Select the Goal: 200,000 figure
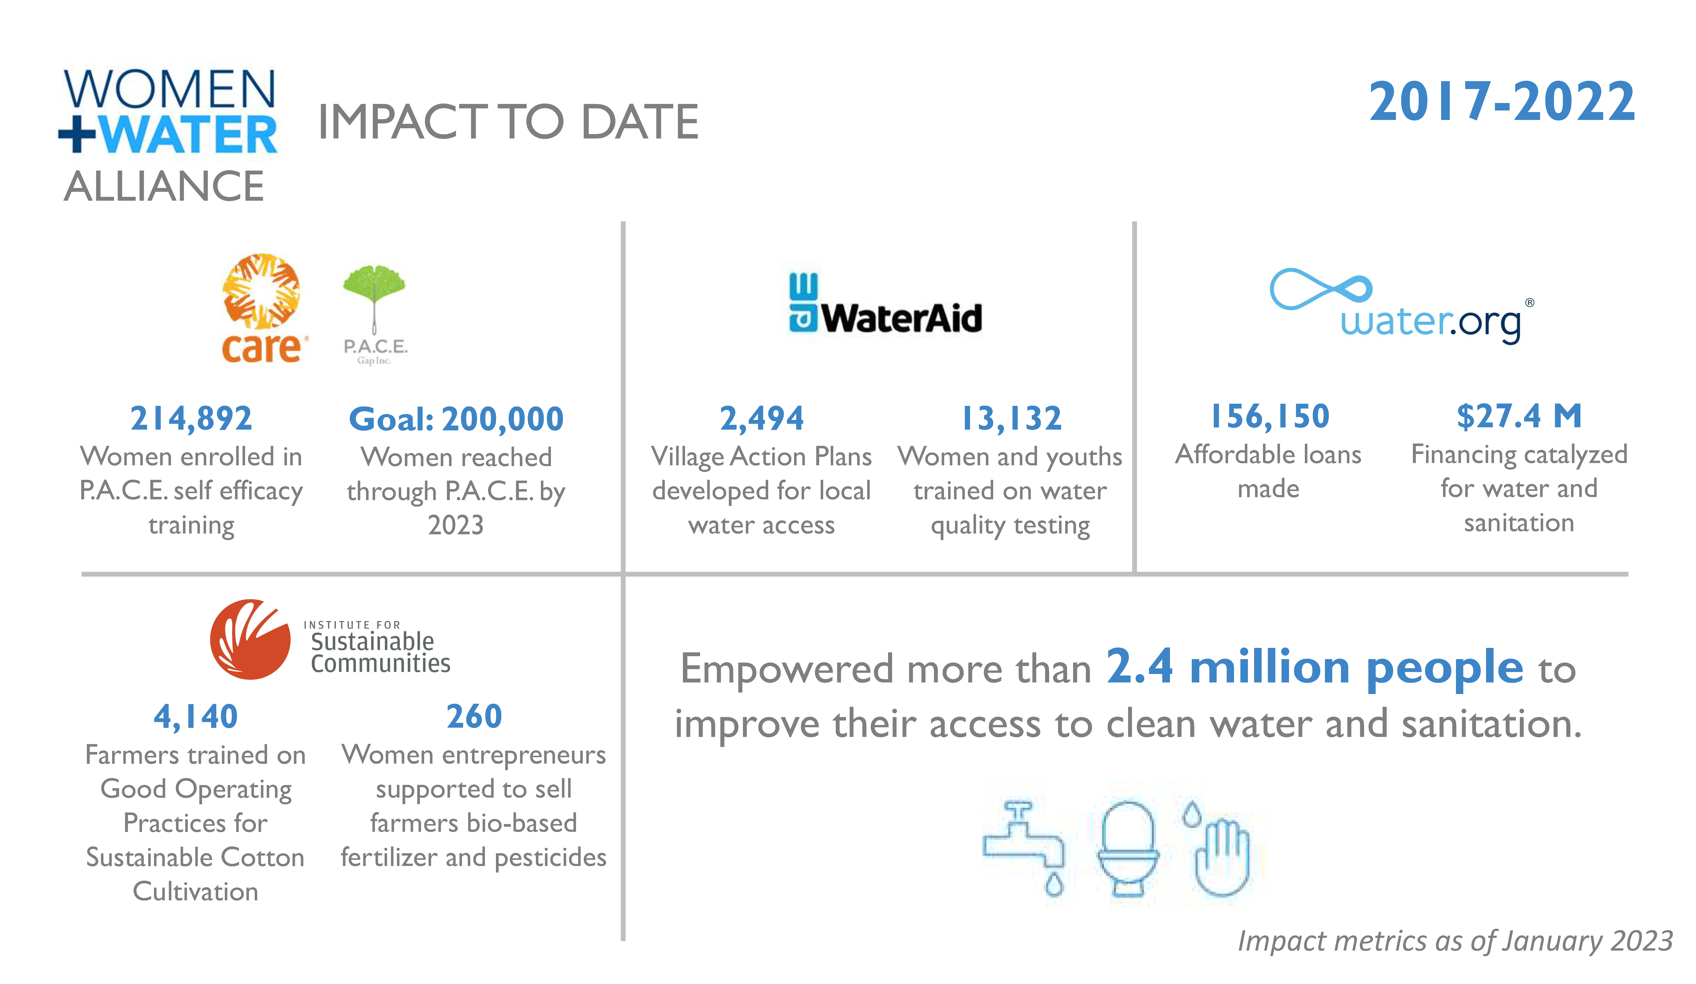pyautogui.click(x=456, y=419)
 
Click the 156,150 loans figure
pyautogui.click(x=1269, y=416)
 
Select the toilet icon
pyautogui.click(x=1129, y=849)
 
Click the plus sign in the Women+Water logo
pyautogui.click(x=77, y=133)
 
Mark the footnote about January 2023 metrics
pyautogui.click(x=1455, y=941)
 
